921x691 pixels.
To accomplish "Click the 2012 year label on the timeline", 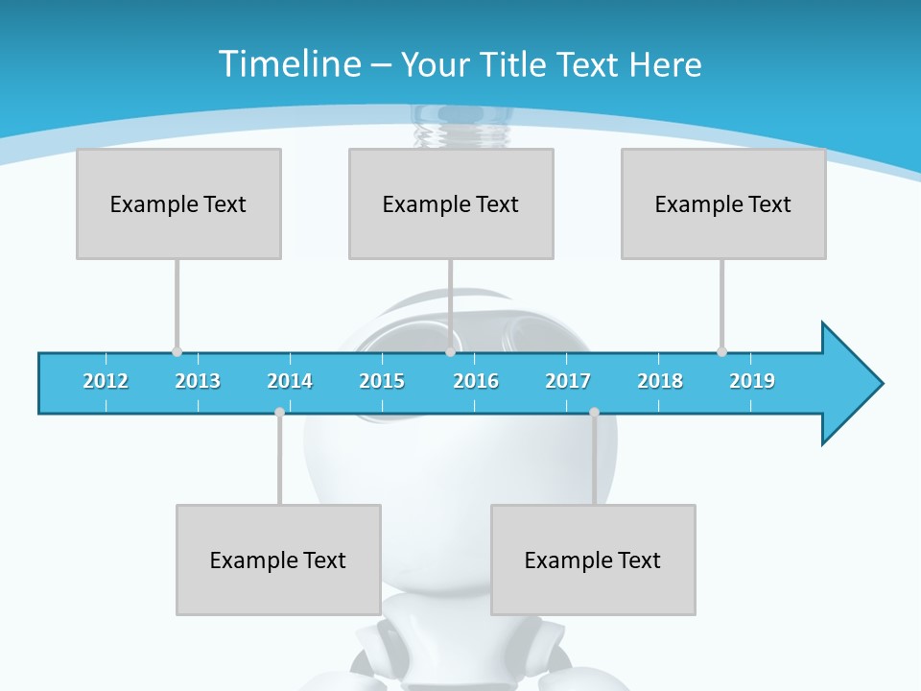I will tap(106, 381).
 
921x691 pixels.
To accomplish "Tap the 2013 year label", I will tap(198, 381).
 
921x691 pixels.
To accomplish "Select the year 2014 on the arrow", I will tap(290, 381).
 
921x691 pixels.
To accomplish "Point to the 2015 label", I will tap(382, 381).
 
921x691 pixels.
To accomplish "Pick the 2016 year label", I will tap(476, 381).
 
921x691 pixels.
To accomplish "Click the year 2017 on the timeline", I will tap(568, 381).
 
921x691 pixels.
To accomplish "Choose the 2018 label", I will tap(660, 381).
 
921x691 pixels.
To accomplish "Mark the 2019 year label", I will tap(752, 381).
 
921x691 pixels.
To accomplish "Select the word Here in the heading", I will tap(666, 64).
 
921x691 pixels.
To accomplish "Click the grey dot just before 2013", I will tap(177, 351).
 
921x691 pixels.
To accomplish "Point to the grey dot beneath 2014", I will tap(279, 412).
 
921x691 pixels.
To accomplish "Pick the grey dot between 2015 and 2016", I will tap(450, 351).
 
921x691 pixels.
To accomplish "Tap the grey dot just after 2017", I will tap(594, 412).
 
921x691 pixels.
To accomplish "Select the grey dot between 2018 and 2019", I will tap(721, 351).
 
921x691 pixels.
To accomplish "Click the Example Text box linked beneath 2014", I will tap(278, 560).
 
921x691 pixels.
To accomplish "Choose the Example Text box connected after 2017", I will tap(593, 560).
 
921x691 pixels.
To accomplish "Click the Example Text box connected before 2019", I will tap(723, 203).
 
